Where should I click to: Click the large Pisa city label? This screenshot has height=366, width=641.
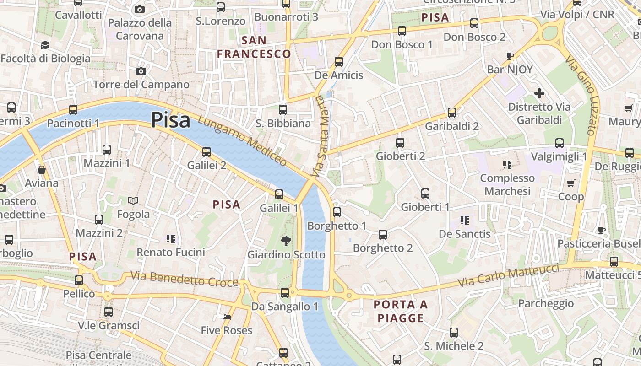(170, 120)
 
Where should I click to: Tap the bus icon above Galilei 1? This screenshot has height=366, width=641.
(279, 194)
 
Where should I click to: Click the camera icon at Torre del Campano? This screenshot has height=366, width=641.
(141, 71)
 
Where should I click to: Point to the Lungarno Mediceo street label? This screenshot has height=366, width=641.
(243, 140)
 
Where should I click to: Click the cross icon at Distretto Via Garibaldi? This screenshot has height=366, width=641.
(539, 94)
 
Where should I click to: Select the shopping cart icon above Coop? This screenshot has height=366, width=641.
(570, 183)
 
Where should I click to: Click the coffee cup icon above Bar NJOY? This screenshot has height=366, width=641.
(510, 56)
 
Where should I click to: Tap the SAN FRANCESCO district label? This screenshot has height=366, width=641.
(254, 47)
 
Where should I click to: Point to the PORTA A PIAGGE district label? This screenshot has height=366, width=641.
(401, 311)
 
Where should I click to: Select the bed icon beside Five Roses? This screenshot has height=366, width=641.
(226, 317)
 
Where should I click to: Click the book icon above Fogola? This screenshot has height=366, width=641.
(133, 200)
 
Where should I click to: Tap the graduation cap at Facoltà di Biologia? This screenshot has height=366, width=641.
(45, 45)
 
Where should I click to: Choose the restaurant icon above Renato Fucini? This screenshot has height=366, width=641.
(171, 238)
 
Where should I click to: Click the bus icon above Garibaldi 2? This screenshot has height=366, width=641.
(452, 113)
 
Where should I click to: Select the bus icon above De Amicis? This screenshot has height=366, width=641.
(339, 61)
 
